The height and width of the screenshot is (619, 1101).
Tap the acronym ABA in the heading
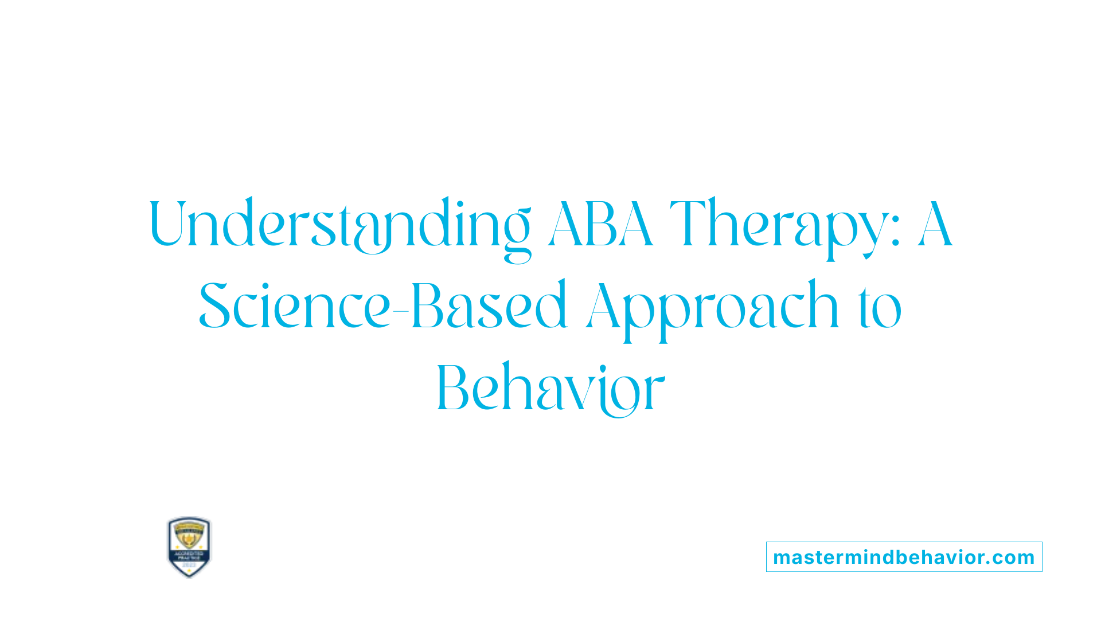point(600,225)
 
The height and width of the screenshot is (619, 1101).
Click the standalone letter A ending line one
point(935,225)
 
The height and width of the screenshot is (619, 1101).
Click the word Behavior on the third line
point(550,389)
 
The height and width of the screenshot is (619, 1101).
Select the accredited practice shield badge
point(189,546)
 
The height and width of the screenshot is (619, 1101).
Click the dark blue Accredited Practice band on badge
point(189,555)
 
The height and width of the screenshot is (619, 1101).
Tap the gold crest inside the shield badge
point(189,536)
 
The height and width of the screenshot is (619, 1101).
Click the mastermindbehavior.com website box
point(904,557)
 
